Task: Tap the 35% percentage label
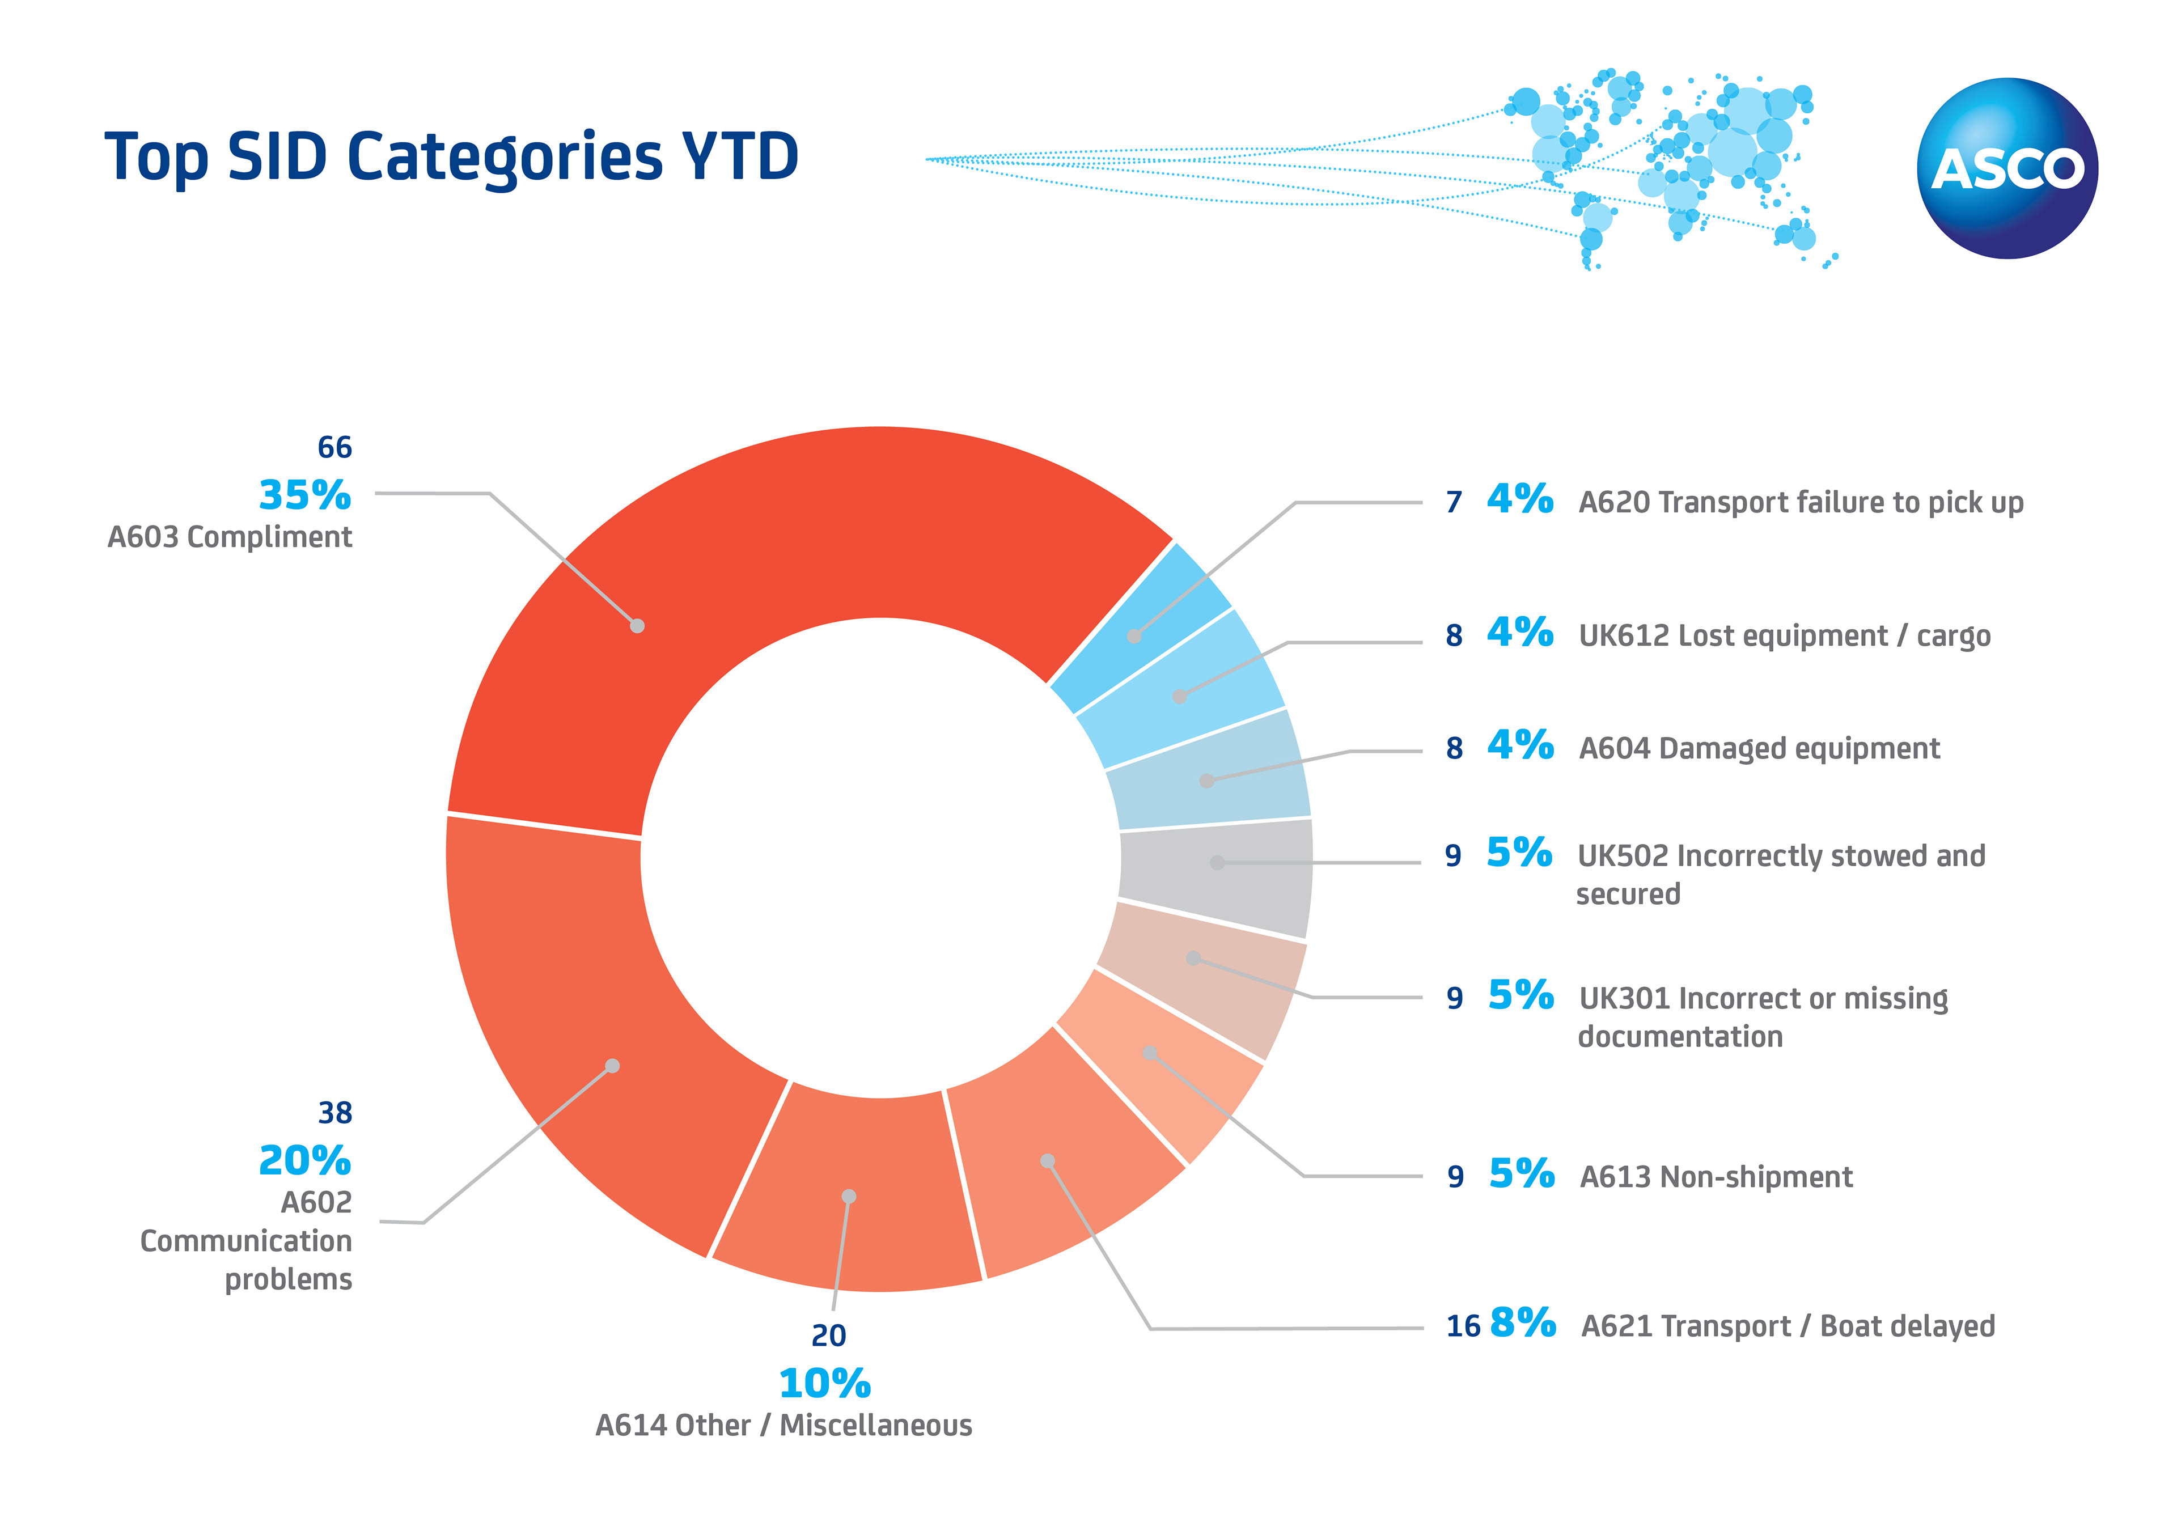(x=304, y=495)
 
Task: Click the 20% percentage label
(x=304, y=1161)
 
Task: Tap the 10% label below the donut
(x=824, y=1384)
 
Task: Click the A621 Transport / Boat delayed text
(x=1788, y=1326)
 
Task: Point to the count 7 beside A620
(x=1454, y=503)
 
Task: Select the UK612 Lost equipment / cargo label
(x=1784, y=635)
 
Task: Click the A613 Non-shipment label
(x=1716, y=1177)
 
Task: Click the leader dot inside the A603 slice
(x=637, y=626)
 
